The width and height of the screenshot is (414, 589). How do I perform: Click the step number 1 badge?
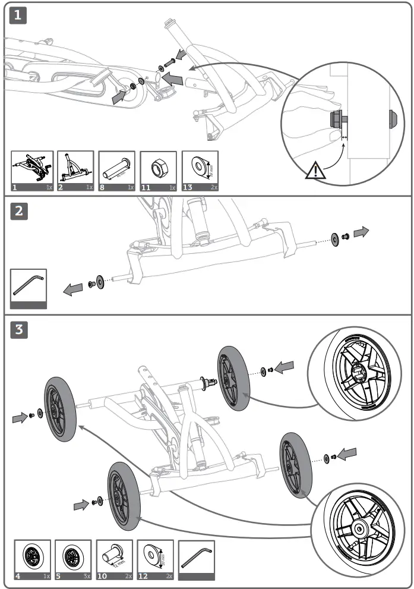coord(19,16)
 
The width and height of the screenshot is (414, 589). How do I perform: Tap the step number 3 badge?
coord(19,329)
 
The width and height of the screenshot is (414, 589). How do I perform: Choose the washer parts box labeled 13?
coord(200,171)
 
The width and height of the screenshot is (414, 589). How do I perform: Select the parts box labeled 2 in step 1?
coord(75,171)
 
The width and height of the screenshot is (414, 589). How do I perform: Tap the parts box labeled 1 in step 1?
coord(32,171)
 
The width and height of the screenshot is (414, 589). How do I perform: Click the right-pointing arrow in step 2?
coord(361,232)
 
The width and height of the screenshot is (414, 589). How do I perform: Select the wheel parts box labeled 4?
coord(31,559)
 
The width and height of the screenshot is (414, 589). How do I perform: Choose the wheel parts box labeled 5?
coord(72,559)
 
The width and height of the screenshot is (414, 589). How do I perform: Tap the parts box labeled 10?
coord(114,559)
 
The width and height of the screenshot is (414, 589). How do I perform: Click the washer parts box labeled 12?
coord(155,559)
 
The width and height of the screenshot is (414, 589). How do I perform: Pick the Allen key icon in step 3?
coord(195,559)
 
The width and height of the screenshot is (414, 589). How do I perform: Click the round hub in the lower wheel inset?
coord(360,527)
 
